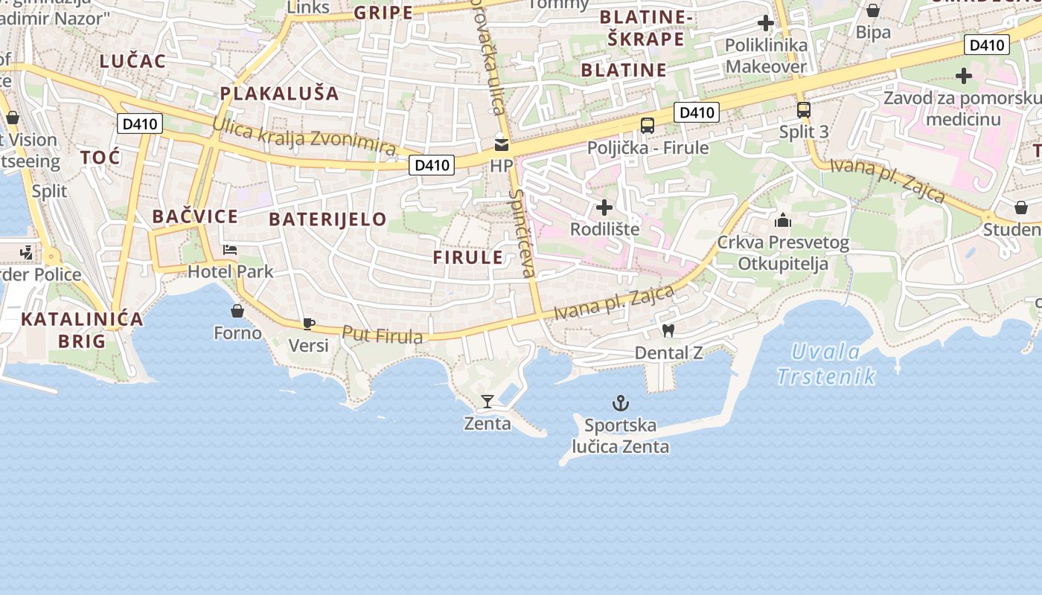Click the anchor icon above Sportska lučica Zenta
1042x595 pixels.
coord(621,404)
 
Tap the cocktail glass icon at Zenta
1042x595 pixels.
coord(487,402)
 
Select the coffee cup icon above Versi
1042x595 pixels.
coord(308,324)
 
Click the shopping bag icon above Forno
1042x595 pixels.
coord(237,310)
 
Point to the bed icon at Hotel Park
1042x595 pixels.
coord(230,250)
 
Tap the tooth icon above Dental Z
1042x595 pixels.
coord(668,330)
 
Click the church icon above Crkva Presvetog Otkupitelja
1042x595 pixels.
coord(782,220)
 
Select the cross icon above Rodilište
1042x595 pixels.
coord(604,207)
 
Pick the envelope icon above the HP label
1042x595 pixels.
coord(501,144)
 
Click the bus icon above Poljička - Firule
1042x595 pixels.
coord(648,125)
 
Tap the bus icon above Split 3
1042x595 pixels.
coord(803,110)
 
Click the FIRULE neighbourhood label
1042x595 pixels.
coord(469,257)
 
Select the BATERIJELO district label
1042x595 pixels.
coord(327,219)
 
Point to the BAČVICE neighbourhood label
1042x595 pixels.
coord(195,216)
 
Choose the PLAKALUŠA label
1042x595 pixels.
coord(279,93)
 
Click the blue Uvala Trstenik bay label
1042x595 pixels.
coord(826,364)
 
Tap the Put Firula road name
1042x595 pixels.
coord(383,335)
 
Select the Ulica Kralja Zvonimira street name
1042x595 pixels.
coord(304,136)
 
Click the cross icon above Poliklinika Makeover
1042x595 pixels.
coord(765,23)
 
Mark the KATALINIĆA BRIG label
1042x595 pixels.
coord(82,329)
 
